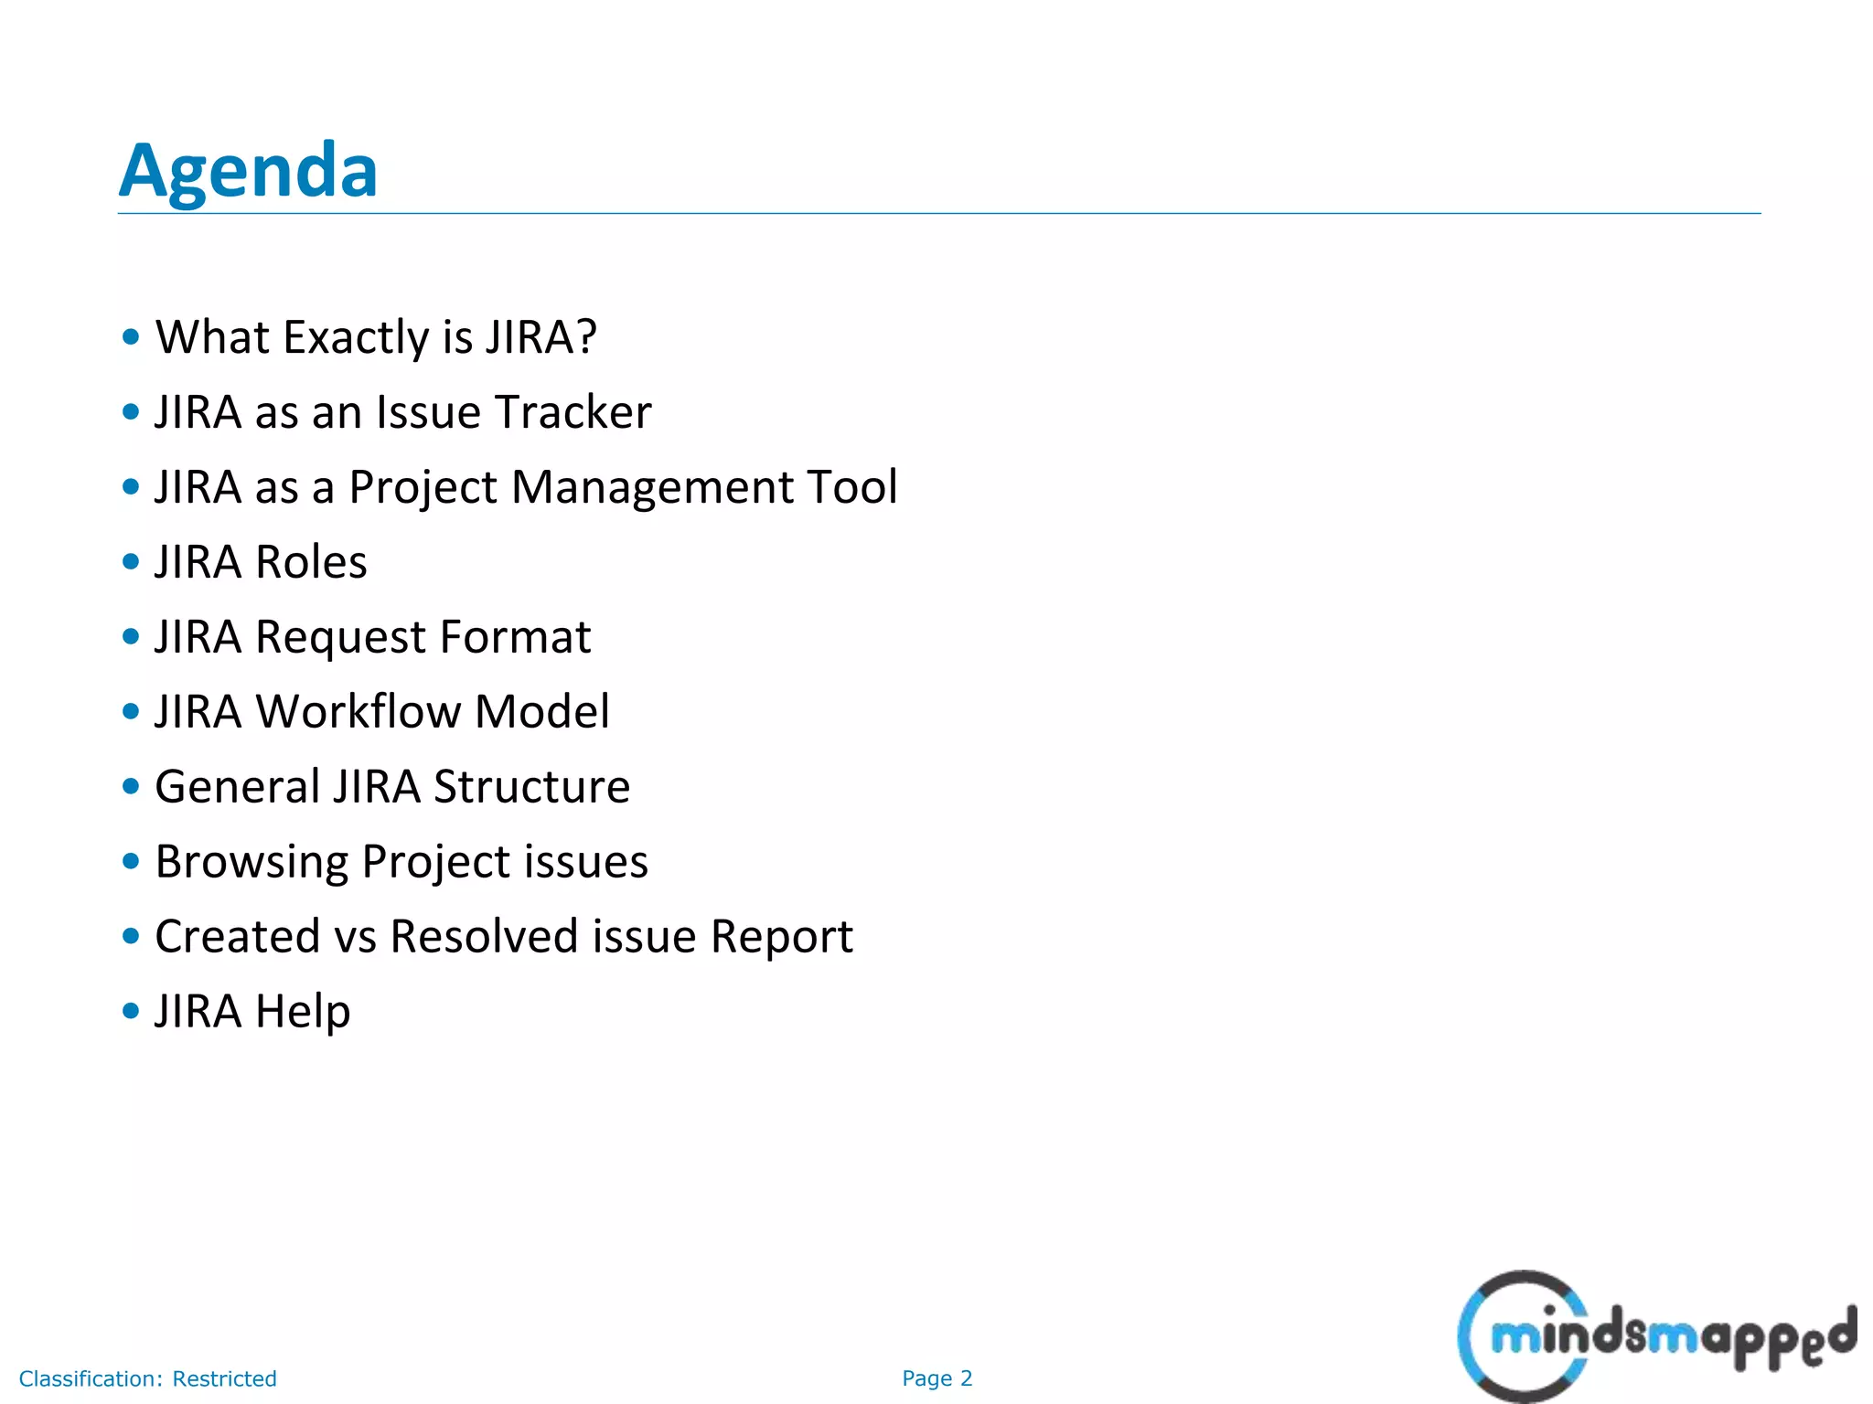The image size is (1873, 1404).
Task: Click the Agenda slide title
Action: (x=248, y=171)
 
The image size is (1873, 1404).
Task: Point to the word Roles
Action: (x=311, y=562)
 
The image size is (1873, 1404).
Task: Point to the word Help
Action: (x=303, y=1012)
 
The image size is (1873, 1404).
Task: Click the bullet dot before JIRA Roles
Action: (x=131, y=562)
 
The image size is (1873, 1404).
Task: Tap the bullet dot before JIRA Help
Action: (x=131, y=1012)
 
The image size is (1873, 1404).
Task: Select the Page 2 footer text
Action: (x=936, y=1378)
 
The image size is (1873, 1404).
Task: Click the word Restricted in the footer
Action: (x=224, y=1378)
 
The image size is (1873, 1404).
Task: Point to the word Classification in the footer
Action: (x=91, y=1378)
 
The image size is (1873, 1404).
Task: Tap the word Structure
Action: (x=531, y=787)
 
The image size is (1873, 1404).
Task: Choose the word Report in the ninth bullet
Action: (x=781, y=937)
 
